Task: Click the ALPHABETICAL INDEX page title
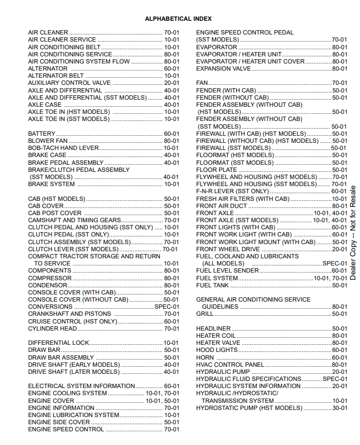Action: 178,19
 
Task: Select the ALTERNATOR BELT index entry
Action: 56,76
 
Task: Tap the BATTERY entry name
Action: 42,134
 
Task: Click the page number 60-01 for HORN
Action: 339,357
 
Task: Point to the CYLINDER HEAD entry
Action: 53,328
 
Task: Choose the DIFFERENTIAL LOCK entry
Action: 58,343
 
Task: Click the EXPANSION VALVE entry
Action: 224,68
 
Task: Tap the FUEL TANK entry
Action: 213,285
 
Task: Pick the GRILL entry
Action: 205,314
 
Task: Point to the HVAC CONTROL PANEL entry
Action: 230,365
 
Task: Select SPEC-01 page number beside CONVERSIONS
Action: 167,307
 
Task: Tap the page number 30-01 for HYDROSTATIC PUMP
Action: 339,408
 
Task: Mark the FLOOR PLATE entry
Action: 216,170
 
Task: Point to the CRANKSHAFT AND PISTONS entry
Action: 69,314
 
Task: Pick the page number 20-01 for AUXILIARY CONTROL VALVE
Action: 171,83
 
